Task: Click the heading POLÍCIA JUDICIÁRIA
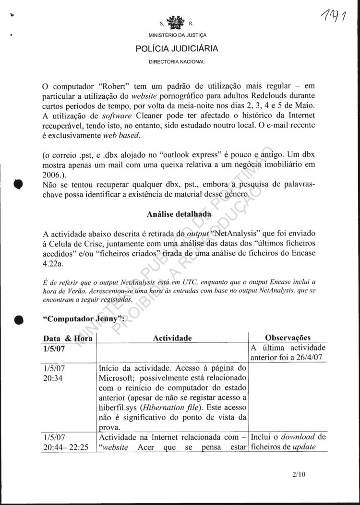click(x=177, y=48)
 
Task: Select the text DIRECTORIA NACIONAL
click(x=177, y=61)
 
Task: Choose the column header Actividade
click(x=172, y=338)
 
